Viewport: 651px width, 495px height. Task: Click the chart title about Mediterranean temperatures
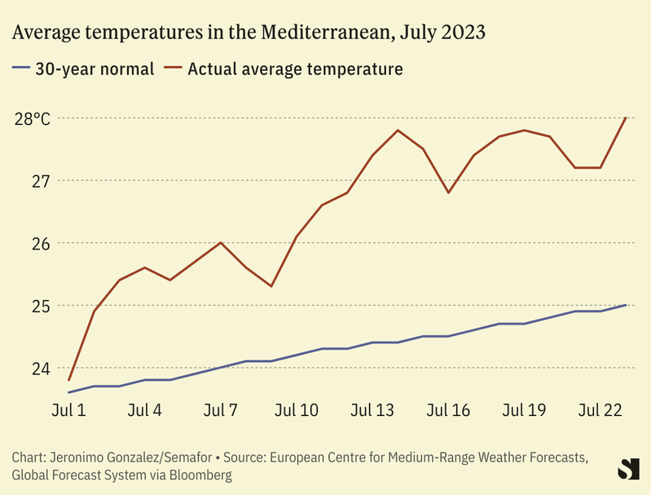point(249,33)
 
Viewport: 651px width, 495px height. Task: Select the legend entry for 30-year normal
point(83,69)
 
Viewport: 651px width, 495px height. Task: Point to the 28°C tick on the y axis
point(32,118)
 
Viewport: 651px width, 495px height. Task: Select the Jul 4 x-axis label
point(145,410)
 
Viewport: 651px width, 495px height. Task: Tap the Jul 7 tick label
point(221,410)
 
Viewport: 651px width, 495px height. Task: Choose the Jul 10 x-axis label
point(297,410)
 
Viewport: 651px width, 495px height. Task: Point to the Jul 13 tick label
point(372,410)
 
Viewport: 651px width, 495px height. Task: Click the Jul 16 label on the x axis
point(448,410)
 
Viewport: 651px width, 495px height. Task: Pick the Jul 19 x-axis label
point(524,410)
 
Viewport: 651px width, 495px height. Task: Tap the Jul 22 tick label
point(600,410)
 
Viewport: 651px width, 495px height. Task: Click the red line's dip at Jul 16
point(448,192)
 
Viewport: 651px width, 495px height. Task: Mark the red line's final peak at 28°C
point(625,118)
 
